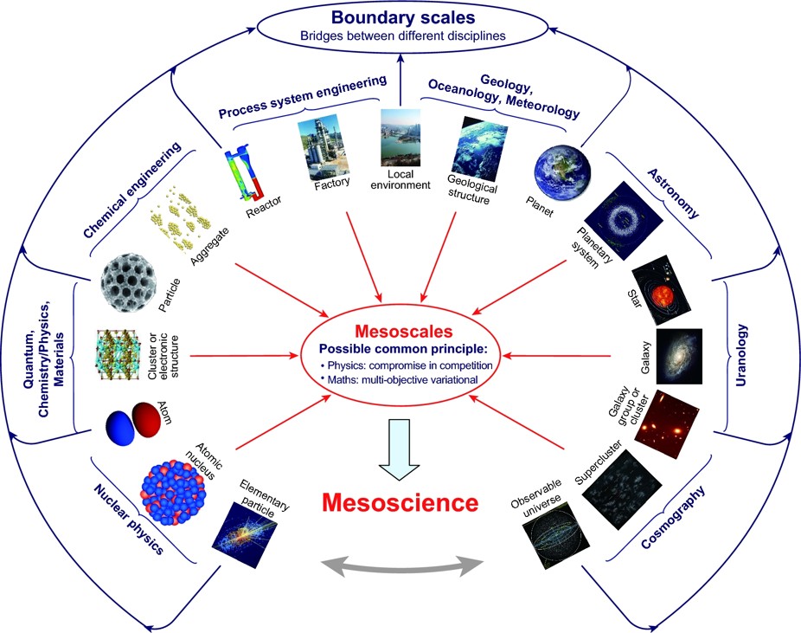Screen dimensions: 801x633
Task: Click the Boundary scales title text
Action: point(403,17)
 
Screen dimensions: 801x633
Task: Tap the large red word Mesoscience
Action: point(400,502)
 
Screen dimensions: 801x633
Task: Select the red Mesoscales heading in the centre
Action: point(404,332)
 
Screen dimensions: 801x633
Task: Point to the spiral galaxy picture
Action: point(679,357)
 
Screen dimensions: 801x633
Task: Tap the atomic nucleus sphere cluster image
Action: point(173,493)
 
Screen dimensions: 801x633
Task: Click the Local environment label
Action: point(400,179)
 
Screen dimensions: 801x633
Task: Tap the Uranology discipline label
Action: point(740,355)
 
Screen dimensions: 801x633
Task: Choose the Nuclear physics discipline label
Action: point(129,520)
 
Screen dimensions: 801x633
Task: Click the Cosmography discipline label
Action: point(673,517)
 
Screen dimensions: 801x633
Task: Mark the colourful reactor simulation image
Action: point(245,171)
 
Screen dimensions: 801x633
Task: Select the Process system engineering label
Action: point(303,97)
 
